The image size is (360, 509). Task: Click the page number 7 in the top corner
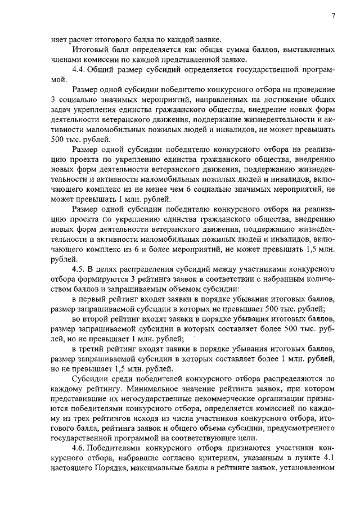(333, 15)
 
